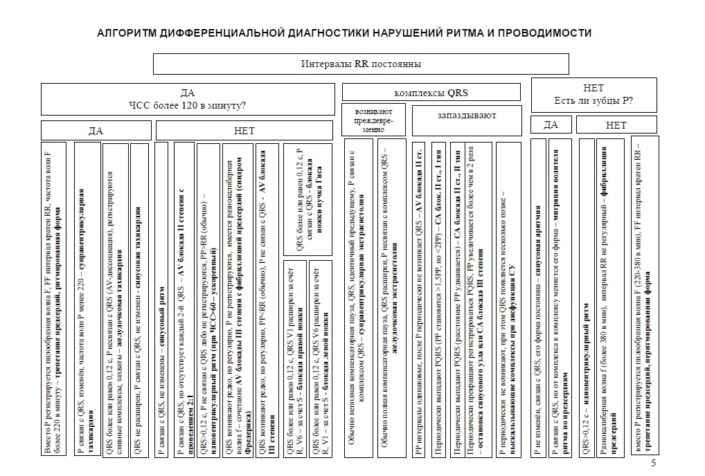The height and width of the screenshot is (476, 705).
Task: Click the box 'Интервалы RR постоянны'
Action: pyautogui.click(x=361, y=64)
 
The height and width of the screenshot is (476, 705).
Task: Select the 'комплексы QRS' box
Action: pyautogui.click(x=431, y=92)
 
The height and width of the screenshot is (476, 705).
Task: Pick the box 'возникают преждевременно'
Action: pyautogui.click(x=373, y=119)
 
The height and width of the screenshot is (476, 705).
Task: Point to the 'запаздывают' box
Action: pyautogui.click(x=467, y=116)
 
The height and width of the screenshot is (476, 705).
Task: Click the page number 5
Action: pyautogui.click(x=653, y=464)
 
